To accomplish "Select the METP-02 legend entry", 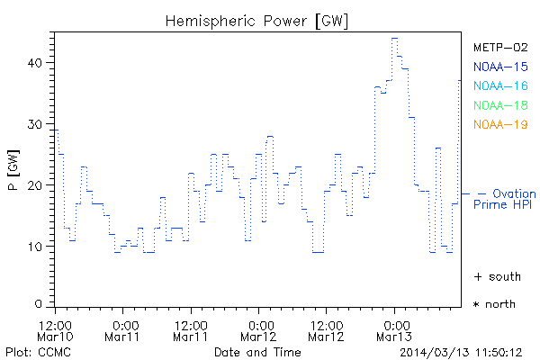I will [x=499, y=47].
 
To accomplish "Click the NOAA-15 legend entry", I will [x=499, y=67].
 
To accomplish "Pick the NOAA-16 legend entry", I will [x=499, y=85].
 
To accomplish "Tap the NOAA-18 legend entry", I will [x=499, y=105].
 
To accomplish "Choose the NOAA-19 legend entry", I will [x=499, y=124].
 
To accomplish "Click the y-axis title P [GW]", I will [x=13, y=171].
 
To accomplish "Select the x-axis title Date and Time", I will [x=256, y=351].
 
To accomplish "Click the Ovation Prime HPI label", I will [x=506, y=199].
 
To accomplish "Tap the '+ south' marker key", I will [x=495, y=276].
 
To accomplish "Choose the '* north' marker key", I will [x=495, y=304].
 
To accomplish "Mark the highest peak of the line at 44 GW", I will [x=394, y=39].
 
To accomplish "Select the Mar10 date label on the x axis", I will [x=56, y=337].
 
